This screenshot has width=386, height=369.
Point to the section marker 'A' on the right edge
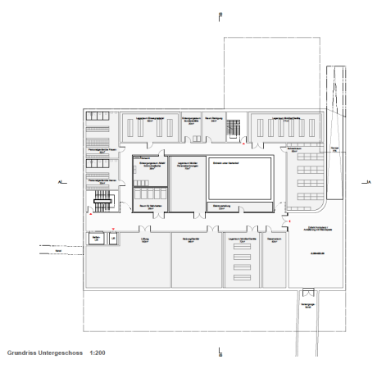click(370, 181)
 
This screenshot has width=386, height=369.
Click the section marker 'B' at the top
click(220, 16)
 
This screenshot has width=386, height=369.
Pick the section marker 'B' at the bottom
click(220, 352)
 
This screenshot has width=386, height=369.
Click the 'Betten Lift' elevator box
click(96, 239)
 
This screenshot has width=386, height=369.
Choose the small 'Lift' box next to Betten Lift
click(113, 239)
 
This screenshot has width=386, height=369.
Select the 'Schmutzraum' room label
click(292, 149)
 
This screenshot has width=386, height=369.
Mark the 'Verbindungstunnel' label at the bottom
click(307, 304)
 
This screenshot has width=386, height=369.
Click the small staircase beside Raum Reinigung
click(234, 127)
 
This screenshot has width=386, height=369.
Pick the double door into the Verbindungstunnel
click(307, 292)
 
